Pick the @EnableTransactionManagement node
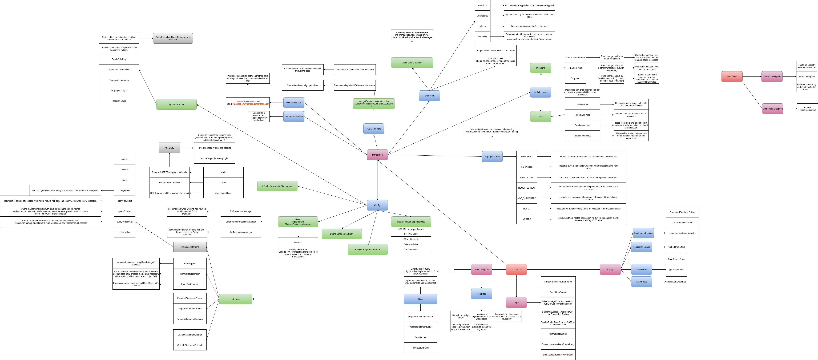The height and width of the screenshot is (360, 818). pyautogui.click(x=277, y=186)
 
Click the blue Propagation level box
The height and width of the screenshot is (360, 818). pyautogui.click(x=492, y=156)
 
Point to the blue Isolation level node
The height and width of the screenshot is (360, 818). pyautogui.click(x=541, y=92)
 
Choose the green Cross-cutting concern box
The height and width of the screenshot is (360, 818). pyautogui.click(x=412, y=63)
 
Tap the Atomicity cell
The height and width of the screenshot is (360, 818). pyautogui.click(x=482, y=5)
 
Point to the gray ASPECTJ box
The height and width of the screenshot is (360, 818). pyautogui.click(x=169, y=148)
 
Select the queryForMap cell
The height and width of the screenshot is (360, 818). pyautogui.click(x=124, y=211)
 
